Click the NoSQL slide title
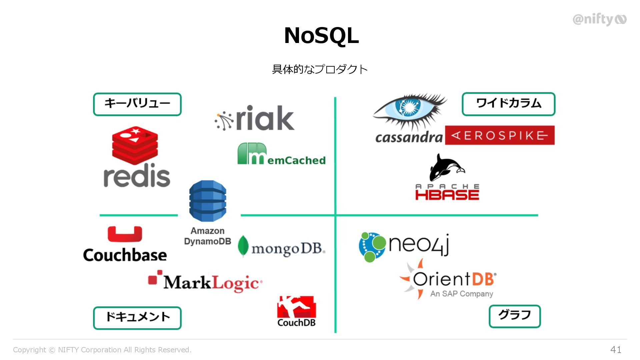coord(321,35)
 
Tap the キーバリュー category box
coord(137,104)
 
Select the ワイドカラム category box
coord(508,104)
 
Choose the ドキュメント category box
coord(137,318)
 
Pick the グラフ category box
coord(515,316)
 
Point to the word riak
coord(265,118)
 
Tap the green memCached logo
coord(281,155)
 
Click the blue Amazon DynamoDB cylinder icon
coord(207,201)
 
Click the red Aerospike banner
coord(500,135)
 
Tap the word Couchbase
coord(125,255)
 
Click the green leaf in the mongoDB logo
coord(243,246)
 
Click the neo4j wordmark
coord(419,244)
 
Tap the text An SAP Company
coord(462,294)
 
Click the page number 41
coord(616,349)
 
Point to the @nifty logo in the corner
coord(599,19)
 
